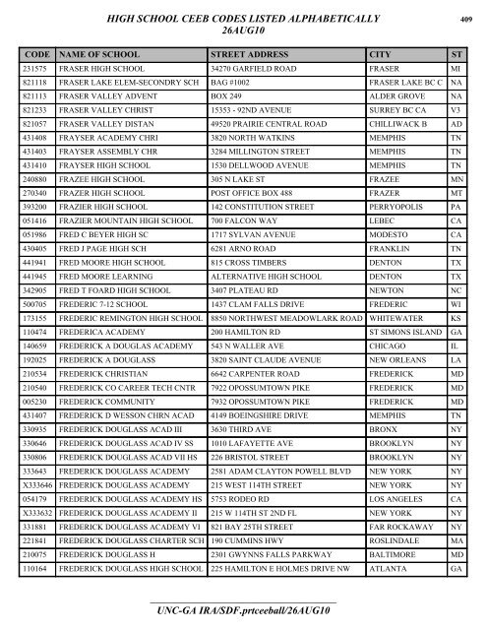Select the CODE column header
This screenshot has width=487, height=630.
click(x=36, y=52)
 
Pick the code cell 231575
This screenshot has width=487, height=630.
click(x=36, y=69)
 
